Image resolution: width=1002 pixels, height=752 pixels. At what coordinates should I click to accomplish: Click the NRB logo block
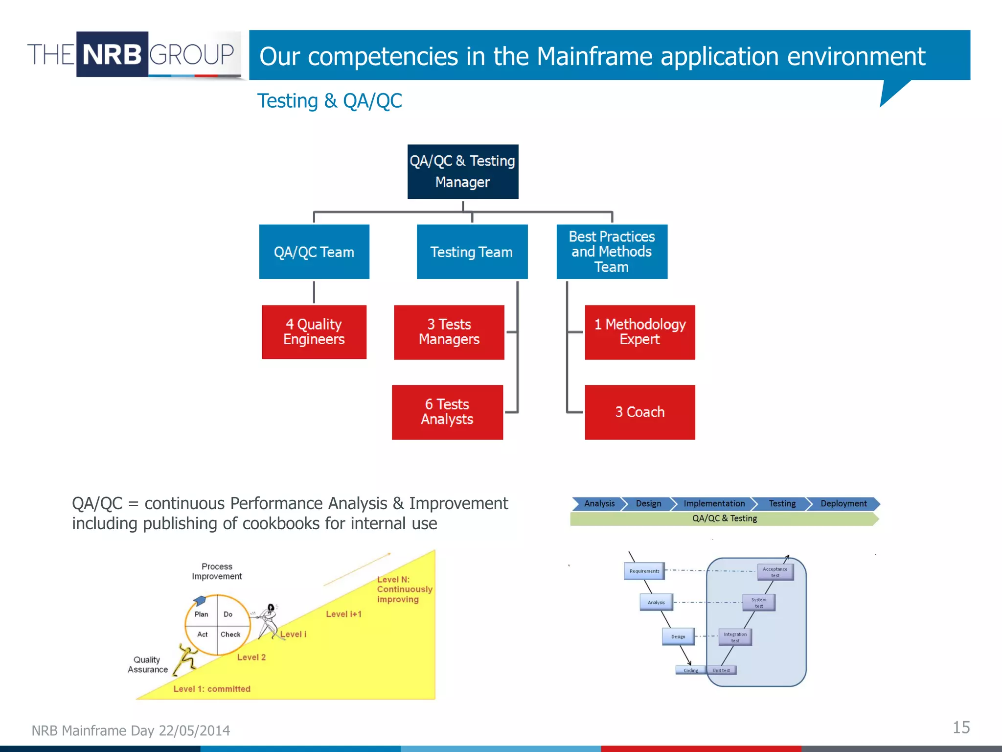(x=112, y=54)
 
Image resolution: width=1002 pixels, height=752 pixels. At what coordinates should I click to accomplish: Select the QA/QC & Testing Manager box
(x=462, y=171)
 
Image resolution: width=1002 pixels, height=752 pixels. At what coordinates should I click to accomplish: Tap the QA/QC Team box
(x=314, y=252)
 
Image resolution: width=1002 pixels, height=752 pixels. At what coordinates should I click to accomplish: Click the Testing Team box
(x=472, y=252)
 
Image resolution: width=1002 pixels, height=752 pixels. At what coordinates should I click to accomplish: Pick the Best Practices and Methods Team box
(x=612, y=252)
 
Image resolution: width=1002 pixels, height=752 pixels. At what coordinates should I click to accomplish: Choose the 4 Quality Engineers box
(x=314, y=332)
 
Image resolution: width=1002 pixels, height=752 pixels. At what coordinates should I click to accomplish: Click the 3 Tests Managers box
(x=449, y=332)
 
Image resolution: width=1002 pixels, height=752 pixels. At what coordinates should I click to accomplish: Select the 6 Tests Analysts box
(x=447, y=412)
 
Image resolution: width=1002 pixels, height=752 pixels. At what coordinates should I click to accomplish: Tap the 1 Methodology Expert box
(x=639, y=332)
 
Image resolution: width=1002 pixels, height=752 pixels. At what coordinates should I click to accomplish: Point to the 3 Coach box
(x=639, y=412)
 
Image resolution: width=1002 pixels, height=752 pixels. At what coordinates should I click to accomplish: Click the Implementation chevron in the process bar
(x=714, y=504)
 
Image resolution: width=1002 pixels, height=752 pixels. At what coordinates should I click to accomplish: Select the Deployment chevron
(x=843, y=504)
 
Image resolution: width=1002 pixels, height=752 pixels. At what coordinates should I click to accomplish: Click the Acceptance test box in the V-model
(x=775, y=572)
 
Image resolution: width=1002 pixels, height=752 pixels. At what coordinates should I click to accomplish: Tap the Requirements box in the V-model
(x=644, y=571)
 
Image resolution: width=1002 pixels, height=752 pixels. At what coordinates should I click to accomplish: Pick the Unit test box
(x=721, y=670)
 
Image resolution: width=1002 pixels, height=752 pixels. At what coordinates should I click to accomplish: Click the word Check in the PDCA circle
(x=230, y=634)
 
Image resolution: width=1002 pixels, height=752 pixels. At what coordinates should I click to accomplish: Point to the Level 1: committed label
(x=212, y=689)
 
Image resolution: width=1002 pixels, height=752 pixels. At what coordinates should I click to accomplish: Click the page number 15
(x=961, y=728)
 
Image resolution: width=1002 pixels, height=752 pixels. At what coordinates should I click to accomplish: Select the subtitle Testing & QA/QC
(x=329, y=101)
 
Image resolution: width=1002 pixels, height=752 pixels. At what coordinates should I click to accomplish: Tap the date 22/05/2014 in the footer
(x=194, y=730)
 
